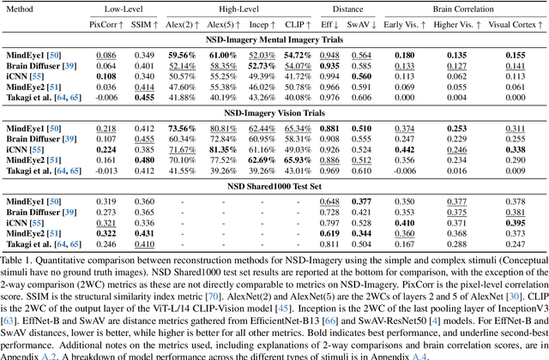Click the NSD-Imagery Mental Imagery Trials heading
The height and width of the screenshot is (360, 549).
[274, 39]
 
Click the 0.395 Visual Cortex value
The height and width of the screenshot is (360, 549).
[516, 224]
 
